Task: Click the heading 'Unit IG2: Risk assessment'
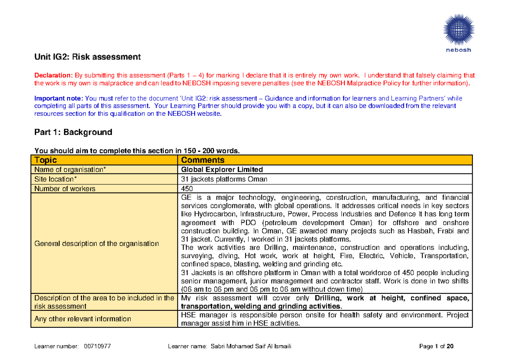coord(87,57)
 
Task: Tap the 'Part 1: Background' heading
coord(73,132)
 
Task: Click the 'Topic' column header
coord(45,160)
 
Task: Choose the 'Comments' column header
coord(202,160)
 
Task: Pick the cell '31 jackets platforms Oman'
coord(224,179)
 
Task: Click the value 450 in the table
coord(187,189)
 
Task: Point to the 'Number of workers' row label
coord(65,189)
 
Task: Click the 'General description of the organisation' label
coord(97,243)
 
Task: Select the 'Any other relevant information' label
coord(82,319)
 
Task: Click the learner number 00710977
coord(98,346)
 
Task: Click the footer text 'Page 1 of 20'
coord(436,346)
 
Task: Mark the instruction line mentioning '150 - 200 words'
coord(137,150)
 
